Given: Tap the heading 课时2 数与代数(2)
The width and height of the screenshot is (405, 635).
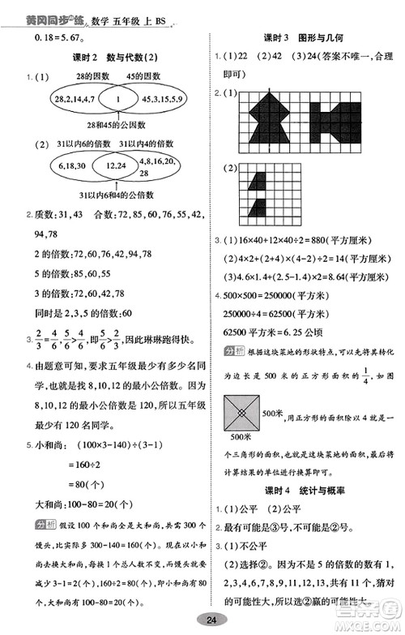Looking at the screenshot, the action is coord(105,58).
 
